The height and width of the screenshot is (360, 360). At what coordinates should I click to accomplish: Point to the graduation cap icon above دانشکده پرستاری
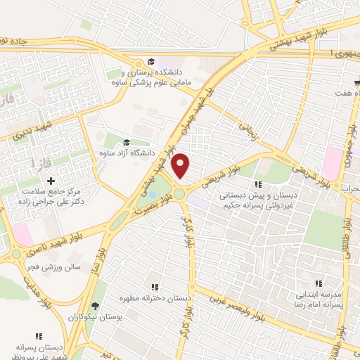coord(150,61)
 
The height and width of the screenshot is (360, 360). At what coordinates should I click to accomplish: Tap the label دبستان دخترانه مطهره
coord(155,297)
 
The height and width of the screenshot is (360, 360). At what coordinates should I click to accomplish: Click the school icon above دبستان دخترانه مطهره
coord(155,287)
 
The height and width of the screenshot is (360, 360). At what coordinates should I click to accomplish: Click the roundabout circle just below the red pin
coord(180,193)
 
